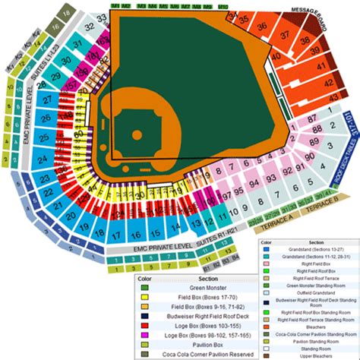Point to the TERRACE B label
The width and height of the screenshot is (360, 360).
tap(324, 207)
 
